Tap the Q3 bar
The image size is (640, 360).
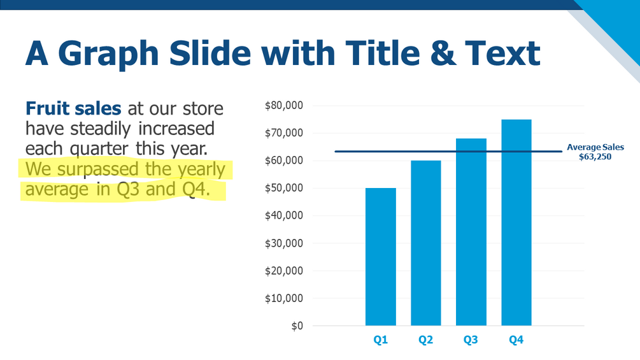pyautogui.click(x=471, y=232)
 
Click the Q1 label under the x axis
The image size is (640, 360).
pyautogui.click(x=380, y=341)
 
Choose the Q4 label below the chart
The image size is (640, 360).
pyautogui.click(x=516, y=341)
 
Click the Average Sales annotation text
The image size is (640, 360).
pyautogui.click(x=595, y=147)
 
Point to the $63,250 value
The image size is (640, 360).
pyautogui.click(x=595, y=156)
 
